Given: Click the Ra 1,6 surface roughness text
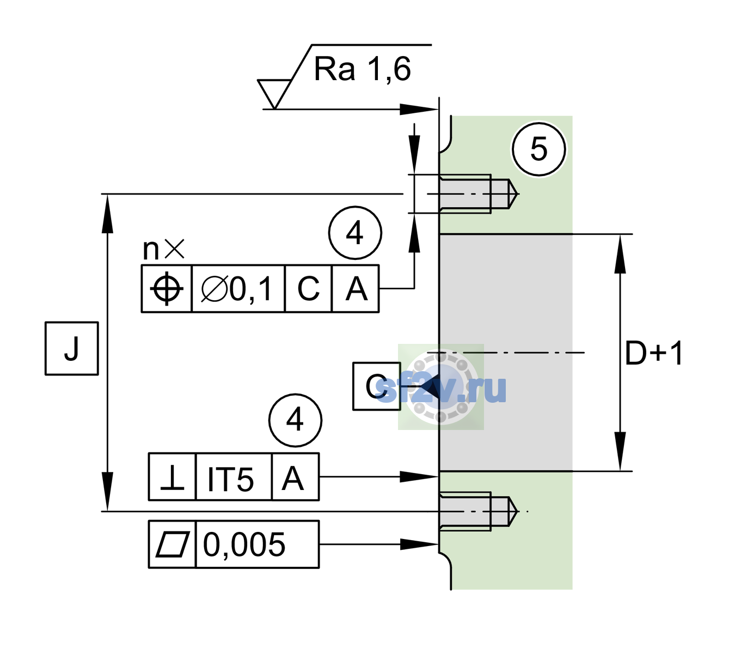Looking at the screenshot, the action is pyautogui.click(x=362, y=69).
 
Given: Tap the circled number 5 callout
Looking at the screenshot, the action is pyautogui.click(x=538, y=149).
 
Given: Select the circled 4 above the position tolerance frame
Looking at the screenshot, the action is pyautogui.click(x=355, y=233).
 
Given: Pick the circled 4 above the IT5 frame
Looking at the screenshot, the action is pyautogui.click(x=295, y=420).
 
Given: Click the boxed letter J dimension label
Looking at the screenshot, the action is pyautogui.click(x=71, y=348).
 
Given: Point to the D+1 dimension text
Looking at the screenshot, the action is pyautogui.click(x=653, y=353).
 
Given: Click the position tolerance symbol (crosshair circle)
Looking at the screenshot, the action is pyautogui.click(x=167, y=289).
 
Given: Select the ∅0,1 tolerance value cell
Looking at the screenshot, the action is pyautogui.click(x=238, y=289).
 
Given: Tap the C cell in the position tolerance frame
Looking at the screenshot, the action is pyautogui.click(x=308, y=289).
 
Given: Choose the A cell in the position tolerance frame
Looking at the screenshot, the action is pyautogui.click(x=356, y=289).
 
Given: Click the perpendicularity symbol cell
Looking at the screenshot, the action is pyautogui.click(x=172, y=477).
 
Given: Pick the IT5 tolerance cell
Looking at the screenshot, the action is pyautogui.click(x=234, y=477).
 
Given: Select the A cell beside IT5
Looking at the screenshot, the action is pyautogui.click(x=295, y=477).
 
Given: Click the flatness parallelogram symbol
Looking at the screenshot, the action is pyautogui.click(x=173, y=544).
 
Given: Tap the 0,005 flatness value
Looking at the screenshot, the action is pyautogui.click(x=244, y=544).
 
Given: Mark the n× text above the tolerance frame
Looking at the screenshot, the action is pyautogui.click(x=164, y=249).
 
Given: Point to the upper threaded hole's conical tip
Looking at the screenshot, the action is pyautogui.click(x=513, y=194).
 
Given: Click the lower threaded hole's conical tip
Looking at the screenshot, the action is pyautogui.click(x=513, y=511).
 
